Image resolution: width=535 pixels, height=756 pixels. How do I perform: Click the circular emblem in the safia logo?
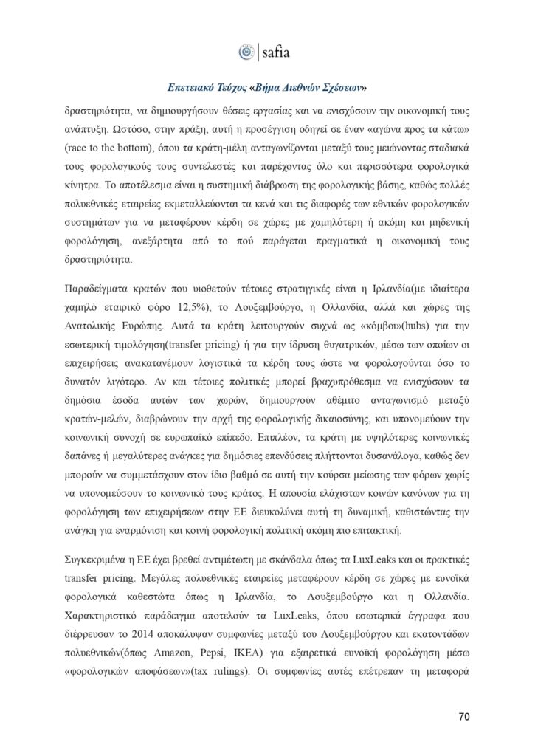click(x=246, y=52)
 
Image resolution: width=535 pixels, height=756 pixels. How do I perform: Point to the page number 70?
click(x=464, y=715)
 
